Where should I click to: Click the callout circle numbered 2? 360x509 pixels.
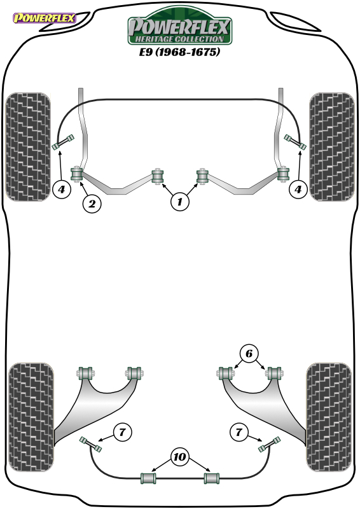[x=92, y=204]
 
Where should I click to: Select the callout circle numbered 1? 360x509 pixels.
[x=180, y=202]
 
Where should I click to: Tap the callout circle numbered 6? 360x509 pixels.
[x=249, y=353]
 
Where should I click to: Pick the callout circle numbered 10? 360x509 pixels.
[x=179, y=457]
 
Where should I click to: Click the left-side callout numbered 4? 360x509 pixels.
[x=62, y=188]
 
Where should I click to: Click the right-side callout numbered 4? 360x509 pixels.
[x=298, y=188]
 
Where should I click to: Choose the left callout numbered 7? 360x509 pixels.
[x=122, y=432]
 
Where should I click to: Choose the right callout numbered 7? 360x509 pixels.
[x=239, y=432]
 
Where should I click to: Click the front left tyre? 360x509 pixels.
[x=28, y=147]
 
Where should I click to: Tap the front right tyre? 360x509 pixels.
[x=332, y=147]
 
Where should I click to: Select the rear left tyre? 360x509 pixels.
[x=31, y=417]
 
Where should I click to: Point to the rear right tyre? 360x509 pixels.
[x=328, y=417]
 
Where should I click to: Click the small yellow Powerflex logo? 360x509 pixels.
[x=45, y=18]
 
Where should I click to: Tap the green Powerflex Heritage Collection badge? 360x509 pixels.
[x=179, y=27]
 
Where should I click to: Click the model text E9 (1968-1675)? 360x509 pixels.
[x=179, y=52]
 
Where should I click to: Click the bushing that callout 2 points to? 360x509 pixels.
[x=76, y=174]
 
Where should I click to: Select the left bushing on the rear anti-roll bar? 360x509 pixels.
[x=148, y=478]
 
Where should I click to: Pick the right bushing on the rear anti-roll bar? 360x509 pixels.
[x=211, y=478]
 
